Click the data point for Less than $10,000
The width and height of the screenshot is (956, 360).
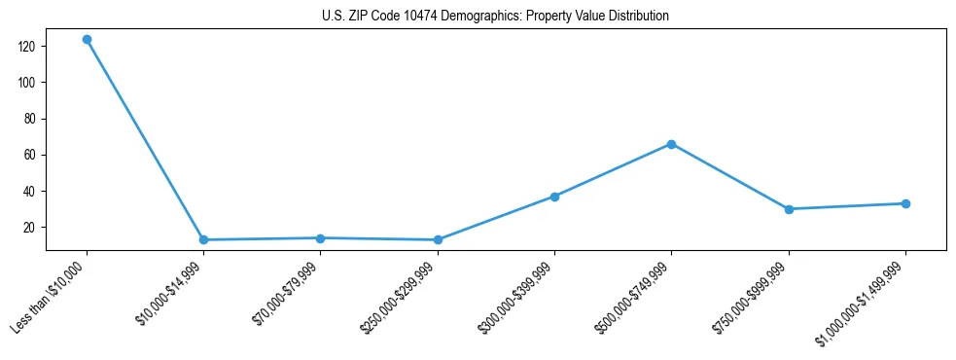[87, 40]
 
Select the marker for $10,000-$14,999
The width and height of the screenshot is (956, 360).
[203, 239]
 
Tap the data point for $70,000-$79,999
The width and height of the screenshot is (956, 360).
[320, 237]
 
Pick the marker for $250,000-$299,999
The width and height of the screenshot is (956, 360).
[438, 239]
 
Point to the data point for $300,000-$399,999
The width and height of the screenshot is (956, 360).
[554, 197]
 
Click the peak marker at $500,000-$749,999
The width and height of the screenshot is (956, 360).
[671, 144]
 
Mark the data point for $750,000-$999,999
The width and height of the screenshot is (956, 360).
[789, 209]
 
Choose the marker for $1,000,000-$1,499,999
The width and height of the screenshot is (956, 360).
[905, 203]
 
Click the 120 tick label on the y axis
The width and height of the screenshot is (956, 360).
[26, 47]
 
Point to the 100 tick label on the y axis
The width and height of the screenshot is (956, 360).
[26, 83]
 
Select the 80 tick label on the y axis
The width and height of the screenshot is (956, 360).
[29, 119]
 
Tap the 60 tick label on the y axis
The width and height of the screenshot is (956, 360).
[29, 155]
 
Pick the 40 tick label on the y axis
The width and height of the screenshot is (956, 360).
[29, 191]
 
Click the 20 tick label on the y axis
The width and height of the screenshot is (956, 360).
[29, 227]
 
